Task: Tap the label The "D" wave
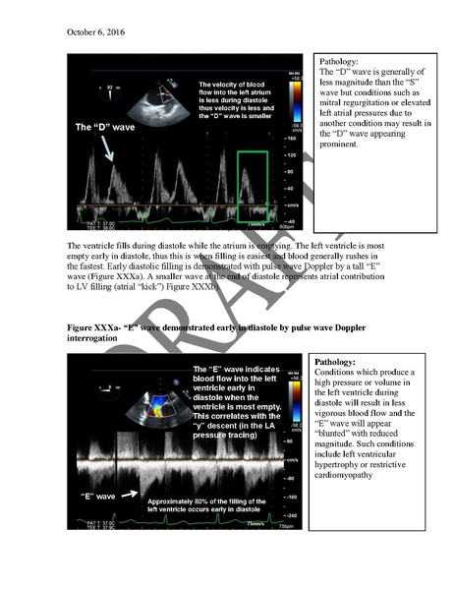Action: point(104,129)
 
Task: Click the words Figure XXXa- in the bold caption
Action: point(93,327)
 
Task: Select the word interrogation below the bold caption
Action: point(94,338)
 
